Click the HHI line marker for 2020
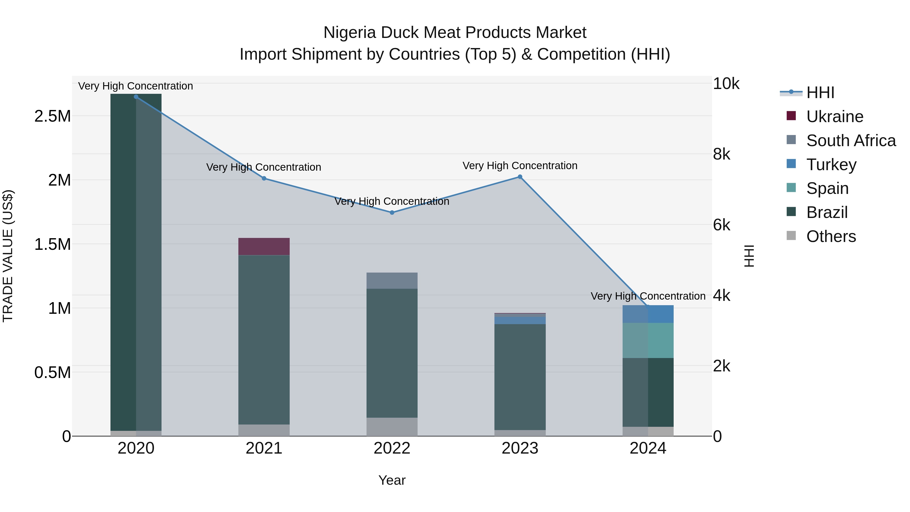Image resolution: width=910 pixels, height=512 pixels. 136,97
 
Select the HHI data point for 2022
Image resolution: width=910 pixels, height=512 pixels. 392,213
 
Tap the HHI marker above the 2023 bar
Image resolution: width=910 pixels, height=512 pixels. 520,177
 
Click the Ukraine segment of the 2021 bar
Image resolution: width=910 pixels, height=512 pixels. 264,247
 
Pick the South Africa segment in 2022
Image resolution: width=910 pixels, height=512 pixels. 392,281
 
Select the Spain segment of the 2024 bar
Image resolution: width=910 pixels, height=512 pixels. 648,340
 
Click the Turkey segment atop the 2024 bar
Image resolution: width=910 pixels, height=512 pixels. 648,314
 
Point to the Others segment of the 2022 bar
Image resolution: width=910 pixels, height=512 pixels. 392,427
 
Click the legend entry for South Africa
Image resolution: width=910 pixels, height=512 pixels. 851,141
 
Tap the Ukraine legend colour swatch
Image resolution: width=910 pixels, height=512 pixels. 791,116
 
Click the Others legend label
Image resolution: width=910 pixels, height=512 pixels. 831,236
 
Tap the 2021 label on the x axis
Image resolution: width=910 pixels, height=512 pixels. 264,448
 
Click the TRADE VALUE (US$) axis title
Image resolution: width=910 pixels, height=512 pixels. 8,256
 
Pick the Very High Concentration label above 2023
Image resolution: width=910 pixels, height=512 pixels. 520,166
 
